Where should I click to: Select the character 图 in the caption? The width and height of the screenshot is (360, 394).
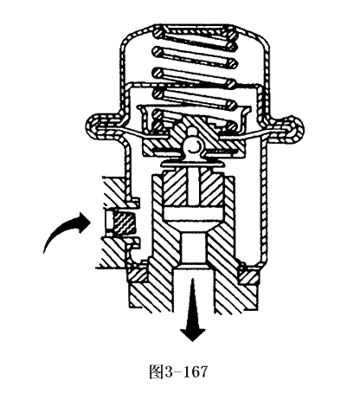(x=157, y=371)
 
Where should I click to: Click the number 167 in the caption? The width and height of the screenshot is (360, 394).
(x=196, y=371)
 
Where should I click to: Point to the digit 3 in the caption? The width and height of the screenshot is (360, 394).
(x=169, y=371)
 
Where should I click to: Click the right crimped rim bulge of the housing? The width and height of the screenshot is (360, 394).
(x=292, y=128)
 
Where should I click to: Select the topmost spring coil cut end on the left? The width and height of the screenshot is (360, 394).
(x=158, y=31)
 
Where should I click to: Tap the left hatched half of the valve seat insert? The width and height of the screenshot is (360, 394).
(x=175, y=188)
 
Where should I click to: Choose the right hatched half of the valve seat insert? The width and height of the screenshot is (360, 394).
(x=210, y=188)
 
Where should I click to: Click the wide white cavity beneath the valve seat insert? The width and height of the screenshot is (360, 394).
(x=193, y=214)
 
